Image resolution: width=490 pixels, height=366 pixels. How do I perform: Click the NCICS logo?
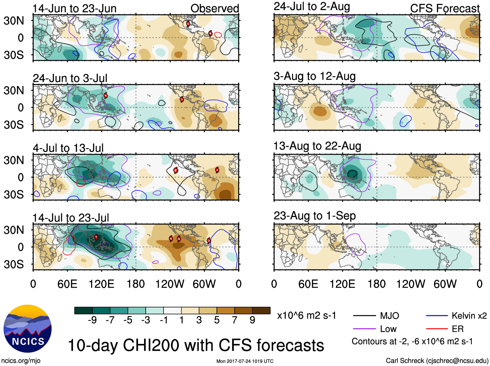click(x=28, y=329)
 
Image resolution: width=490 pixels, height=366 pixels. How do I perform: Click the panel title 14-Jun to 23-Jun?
click(x=74, y=8)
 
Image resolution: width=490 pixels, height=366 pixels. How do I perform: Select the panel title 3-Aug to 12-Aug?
click(x=314, y=76)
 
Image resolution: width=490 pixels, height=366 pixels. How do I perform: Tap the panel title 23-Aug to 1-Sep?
click(x=314, y=216)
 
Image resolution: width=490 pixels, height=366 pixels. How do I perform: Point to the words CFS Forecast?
click(x=445, y=8)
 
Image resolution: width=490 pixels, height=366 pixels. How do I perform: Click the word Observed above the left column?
click(x=214, y=8)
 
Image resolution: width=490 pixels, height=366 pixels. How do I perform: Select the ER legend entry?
click(x=458, y=329)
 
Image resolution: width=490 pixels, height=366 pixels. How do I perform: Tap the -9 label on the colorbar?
click(x=92, y=320)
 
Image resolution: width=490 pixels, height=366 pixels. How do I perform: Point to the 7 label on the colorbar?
click(x=235, y=320)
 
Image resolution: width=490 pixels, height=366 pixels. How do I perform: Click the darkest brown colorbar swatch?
click(x=261, y=310)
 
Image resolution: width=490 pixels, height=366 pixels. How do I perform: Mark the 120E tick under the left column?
click(x=101, y=284)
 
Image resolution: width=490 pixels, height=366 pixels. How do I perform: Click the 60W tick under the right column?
click(x=445, y=284)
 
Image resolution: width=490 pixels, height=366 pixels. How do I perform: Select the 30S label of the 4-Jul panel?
click(x=14, y=195)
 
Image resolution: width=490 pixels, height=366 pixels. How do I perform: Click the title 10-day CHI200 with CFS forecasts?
click(x=196, y=345)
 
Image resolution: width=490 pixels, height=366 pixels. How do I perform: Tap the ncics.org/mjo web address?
click(x=21, y=360)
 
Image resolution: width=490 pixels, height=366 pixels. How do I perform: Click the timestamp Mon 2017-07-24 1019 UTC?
click(x=245, y=361)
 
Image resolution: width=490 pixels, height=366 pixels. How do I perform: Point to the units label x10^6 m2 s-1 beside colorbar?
click(x=306, y=316)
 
